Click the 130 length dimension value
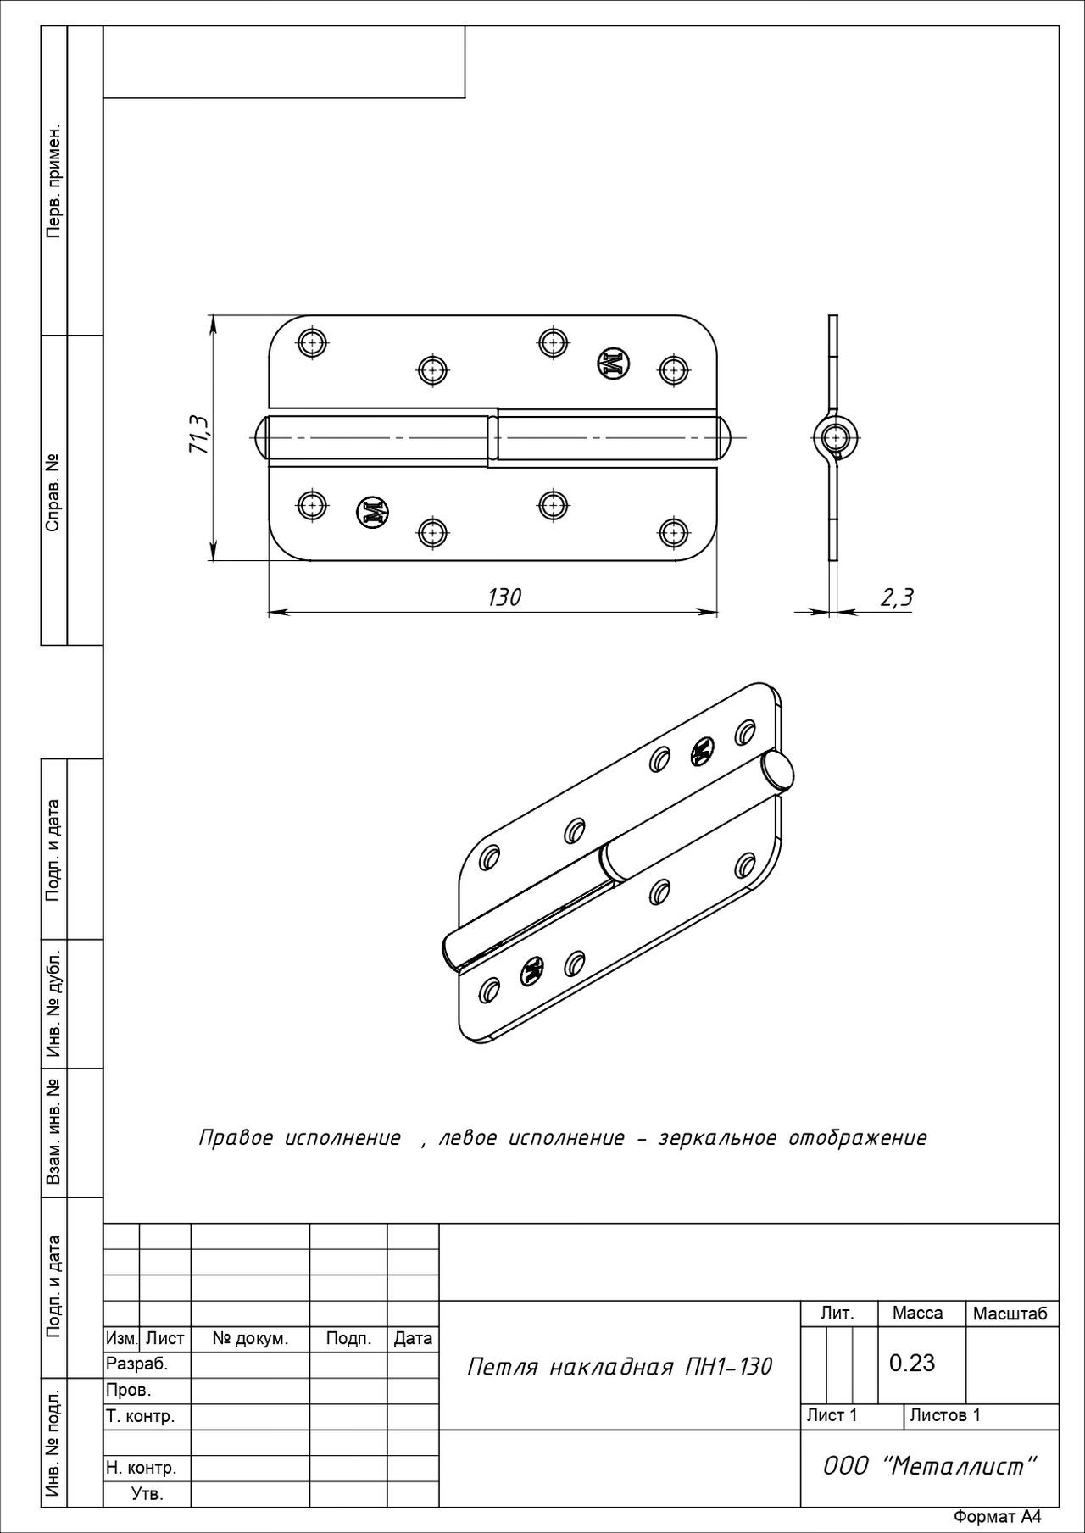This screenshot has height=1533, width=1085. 504,597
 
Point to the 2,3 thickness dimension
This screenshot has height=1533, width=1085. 897,597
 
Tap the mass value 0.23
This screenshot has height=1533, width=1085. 912,1363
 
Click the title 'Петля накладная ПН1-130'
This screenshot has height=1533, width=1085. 620,1366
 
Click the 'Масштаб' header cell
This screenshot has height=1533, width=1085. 1010,1314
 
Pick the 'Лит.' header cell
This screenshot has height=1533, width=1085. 837,1314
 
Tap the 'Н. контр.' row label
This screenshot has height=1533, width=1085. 141,1467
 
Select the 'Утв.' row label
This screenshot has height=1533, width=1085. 147,1493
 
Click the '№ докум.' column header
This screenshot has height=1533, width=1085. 250,1339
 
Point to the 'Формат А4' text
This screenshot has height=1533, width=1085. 997,1517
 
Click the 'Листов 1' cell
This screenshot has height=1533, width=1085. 945,1414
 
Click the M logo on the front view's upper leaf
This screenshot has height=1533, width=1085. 613,363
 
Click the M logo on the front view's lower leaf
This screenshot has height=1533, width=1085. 374,511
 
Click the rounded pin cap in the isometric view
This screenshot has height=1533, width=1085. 778,770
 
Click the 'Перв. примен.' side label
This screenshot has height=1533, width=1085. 53,181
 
